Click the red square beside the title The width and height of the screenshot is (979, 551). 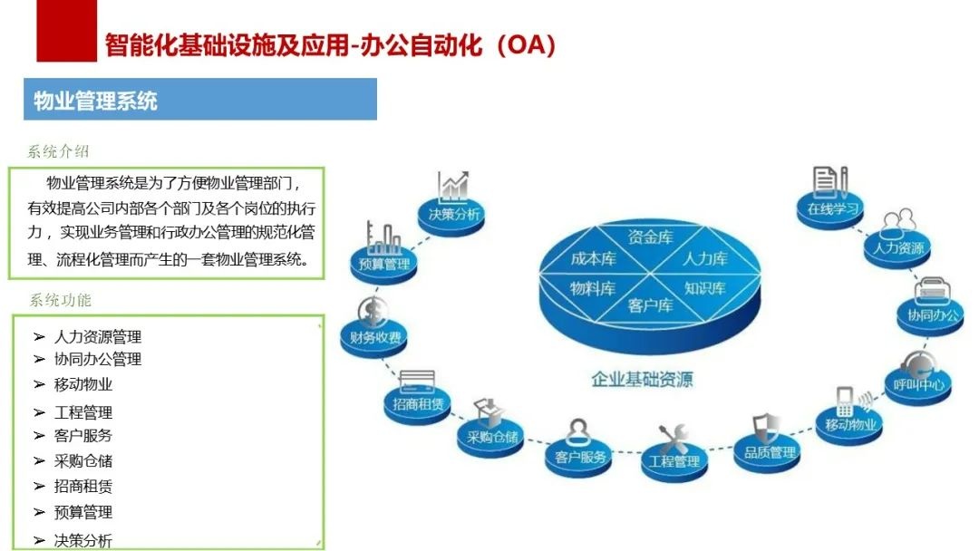[x=66, y=31]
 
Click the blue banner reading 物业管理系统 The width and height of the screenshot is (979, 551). [x=199, y=99]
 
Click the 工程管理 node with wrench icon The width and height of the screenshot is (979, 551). [x=674, y=460]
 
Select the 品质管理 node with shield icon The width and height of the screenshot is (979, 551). [x=770, y=451]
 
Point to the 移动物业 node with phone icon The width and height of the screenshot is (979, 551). [x=850, y=423]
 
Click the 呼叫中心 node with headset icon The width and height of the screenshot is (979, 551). [x=918, y=383]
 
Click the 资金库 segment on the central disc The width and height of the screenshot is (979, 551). [x=650, y=237]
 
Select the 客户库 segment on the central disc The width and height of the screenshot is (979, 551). [x=649, y=306]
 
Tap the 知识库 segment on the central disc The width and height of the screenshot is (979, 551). [x=704, y=289]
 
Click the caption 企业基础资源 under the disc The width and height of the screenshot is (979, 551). [x=642, y=379]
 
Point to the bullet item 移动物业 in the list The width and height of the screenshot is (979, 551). [x=83, y=384]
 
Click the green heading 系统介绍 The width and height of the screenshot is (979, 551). [x=59, y=151]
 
